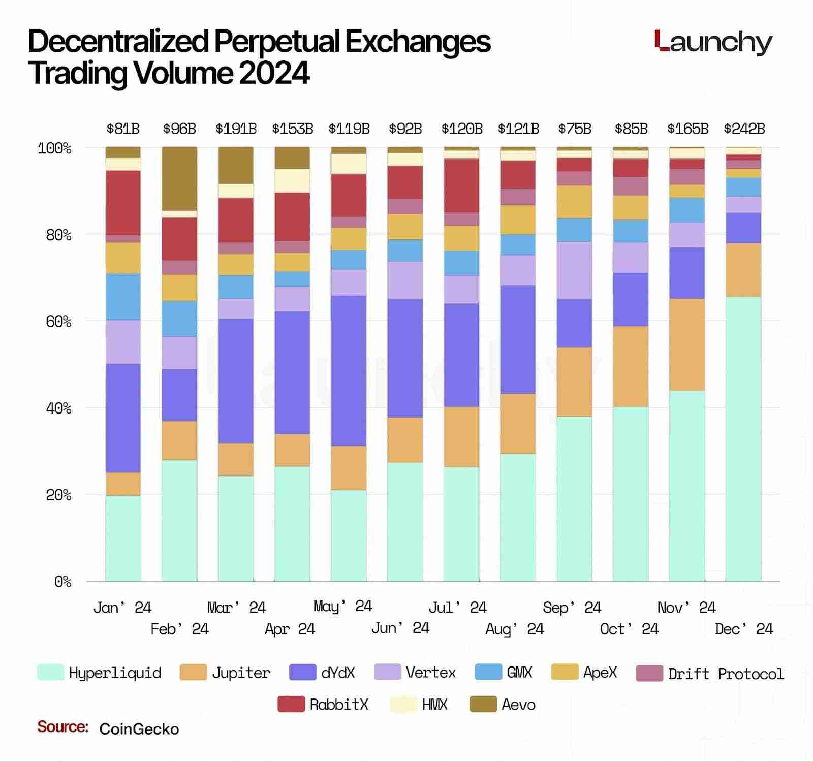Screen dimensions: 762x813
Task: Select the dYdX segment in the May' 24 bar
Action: click(349, 371)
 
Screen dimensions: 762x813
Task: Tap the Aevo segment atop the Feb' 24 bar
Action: click(179, 178)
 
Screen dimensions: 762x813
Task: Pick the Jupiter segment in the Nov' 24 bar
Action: click(687, 344)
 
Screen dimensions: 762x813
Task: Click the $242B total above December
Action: click(744, 129)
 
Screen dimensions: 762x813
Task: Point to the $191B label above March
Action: click(236, 129)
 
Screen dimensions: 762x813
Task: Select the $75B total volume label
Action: click(575, 129)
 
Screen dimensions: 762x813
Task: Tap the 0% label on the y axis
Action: click(63, 582)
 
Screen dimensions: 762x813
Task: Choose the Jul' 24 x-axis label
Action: click(457, 608)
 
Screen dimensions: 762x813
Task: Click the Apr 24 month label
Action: click(290, 629)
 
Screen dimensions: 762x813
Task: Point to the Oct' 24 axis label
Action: click(629, 629)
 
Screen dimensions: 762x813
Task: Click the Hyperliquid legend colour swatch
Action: click(50, 672)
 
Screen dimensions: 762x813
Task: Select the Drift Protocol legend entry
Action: click(726, 674)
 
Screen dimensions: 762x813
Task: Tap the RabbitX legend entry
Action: click(338, 705)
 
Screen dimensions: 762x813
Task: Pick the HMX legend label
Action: click(434, 705)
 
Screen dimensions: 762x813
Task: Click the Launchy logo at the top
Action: click(713, 42)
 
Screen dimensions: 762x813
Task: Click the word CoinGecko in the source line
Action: click(139, 729)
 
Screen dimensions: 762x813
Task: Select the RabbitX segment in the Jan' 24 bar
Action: click(123, 203)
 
